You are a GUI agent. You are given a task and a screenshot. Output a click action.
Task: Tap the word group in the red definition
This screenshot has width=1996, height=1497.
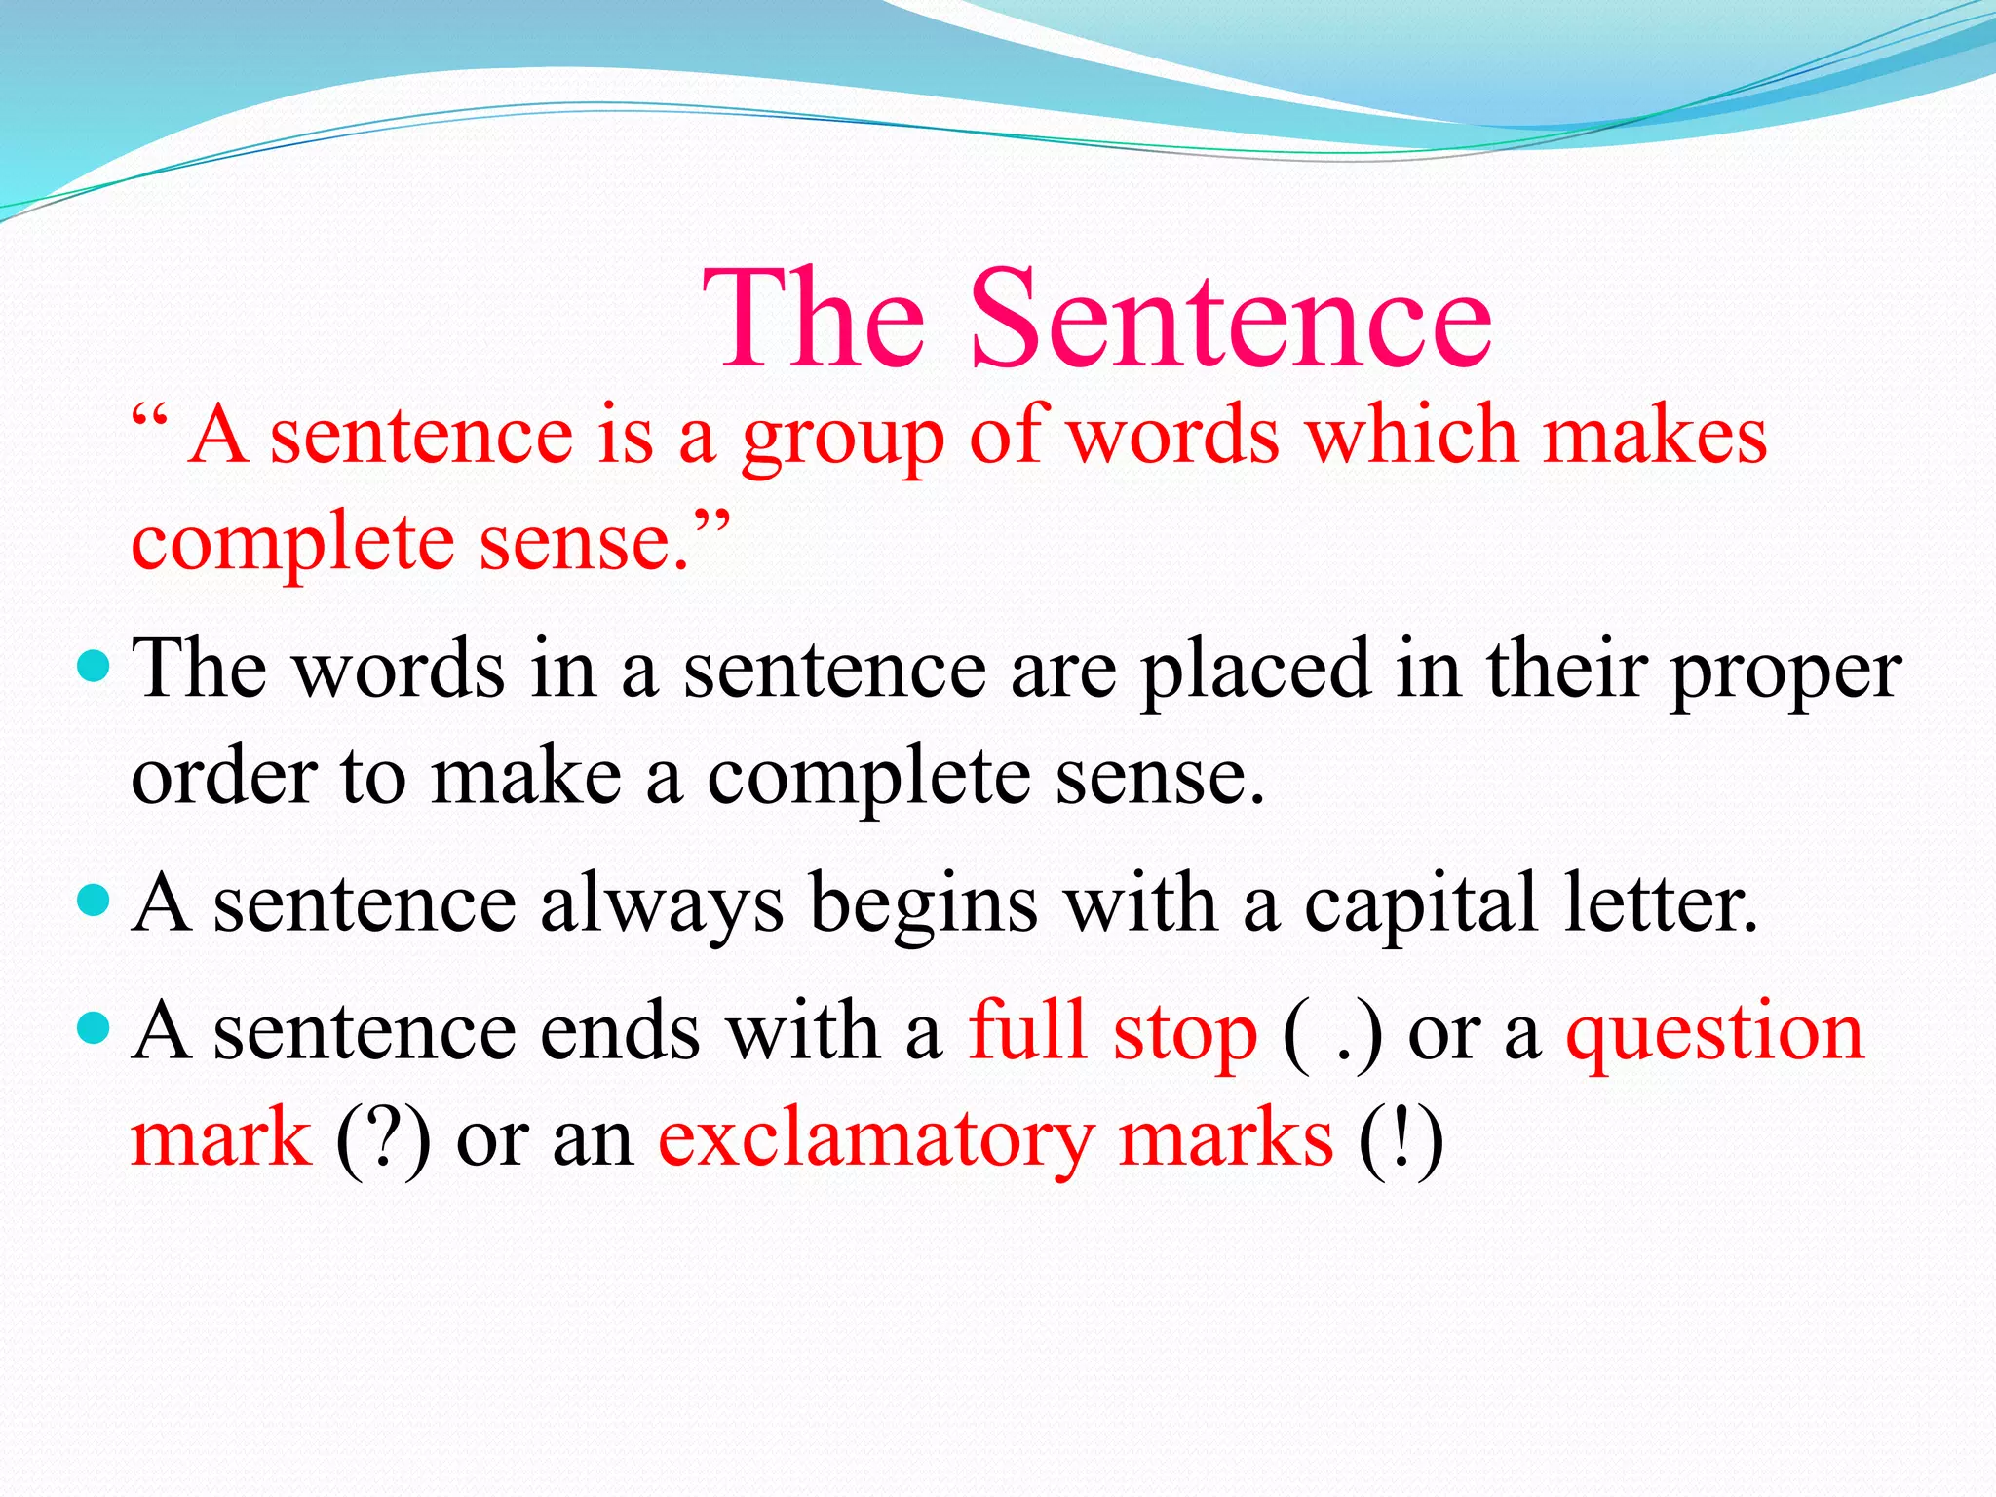click(x=843, y=439)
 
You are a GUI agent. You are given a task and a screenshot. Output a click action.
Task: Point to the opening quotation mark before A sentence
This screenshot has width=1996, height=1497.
click(x=150, y=421)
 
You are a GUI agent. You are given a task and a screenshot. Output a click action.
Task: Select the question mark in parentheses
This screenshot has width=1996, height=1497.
click(x=382, y=1138)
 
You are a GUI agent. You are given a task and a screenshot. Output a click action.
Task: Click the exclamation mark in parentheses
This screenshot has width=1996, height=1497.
click(x=1401, y=1138)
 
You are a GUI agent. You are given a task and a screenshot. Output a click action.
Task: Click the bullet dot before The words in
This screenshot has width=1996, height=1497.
click(x=94, y=667)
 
